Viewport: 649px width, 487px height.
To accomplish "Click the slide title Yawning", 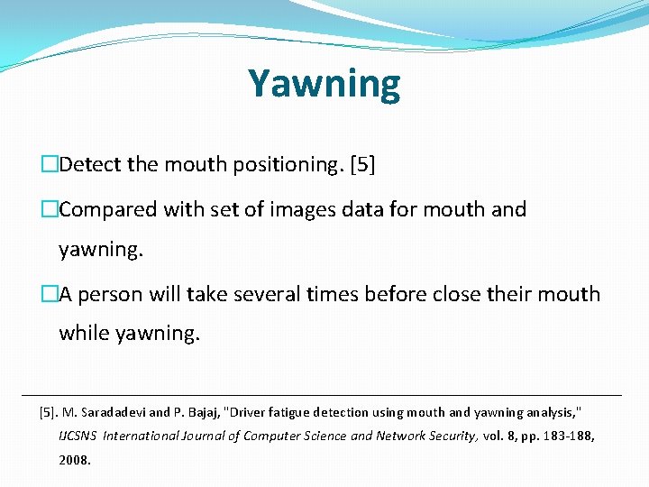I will [x=324, y=84].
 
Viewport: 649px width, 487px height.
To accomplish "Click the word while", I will [x=85, y=333].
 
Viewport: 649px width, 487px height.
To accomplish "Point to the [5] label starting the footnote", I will [x=49, y=412].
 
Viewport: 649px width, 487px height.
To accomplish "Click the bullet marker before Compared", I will [x=50, y=209].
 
